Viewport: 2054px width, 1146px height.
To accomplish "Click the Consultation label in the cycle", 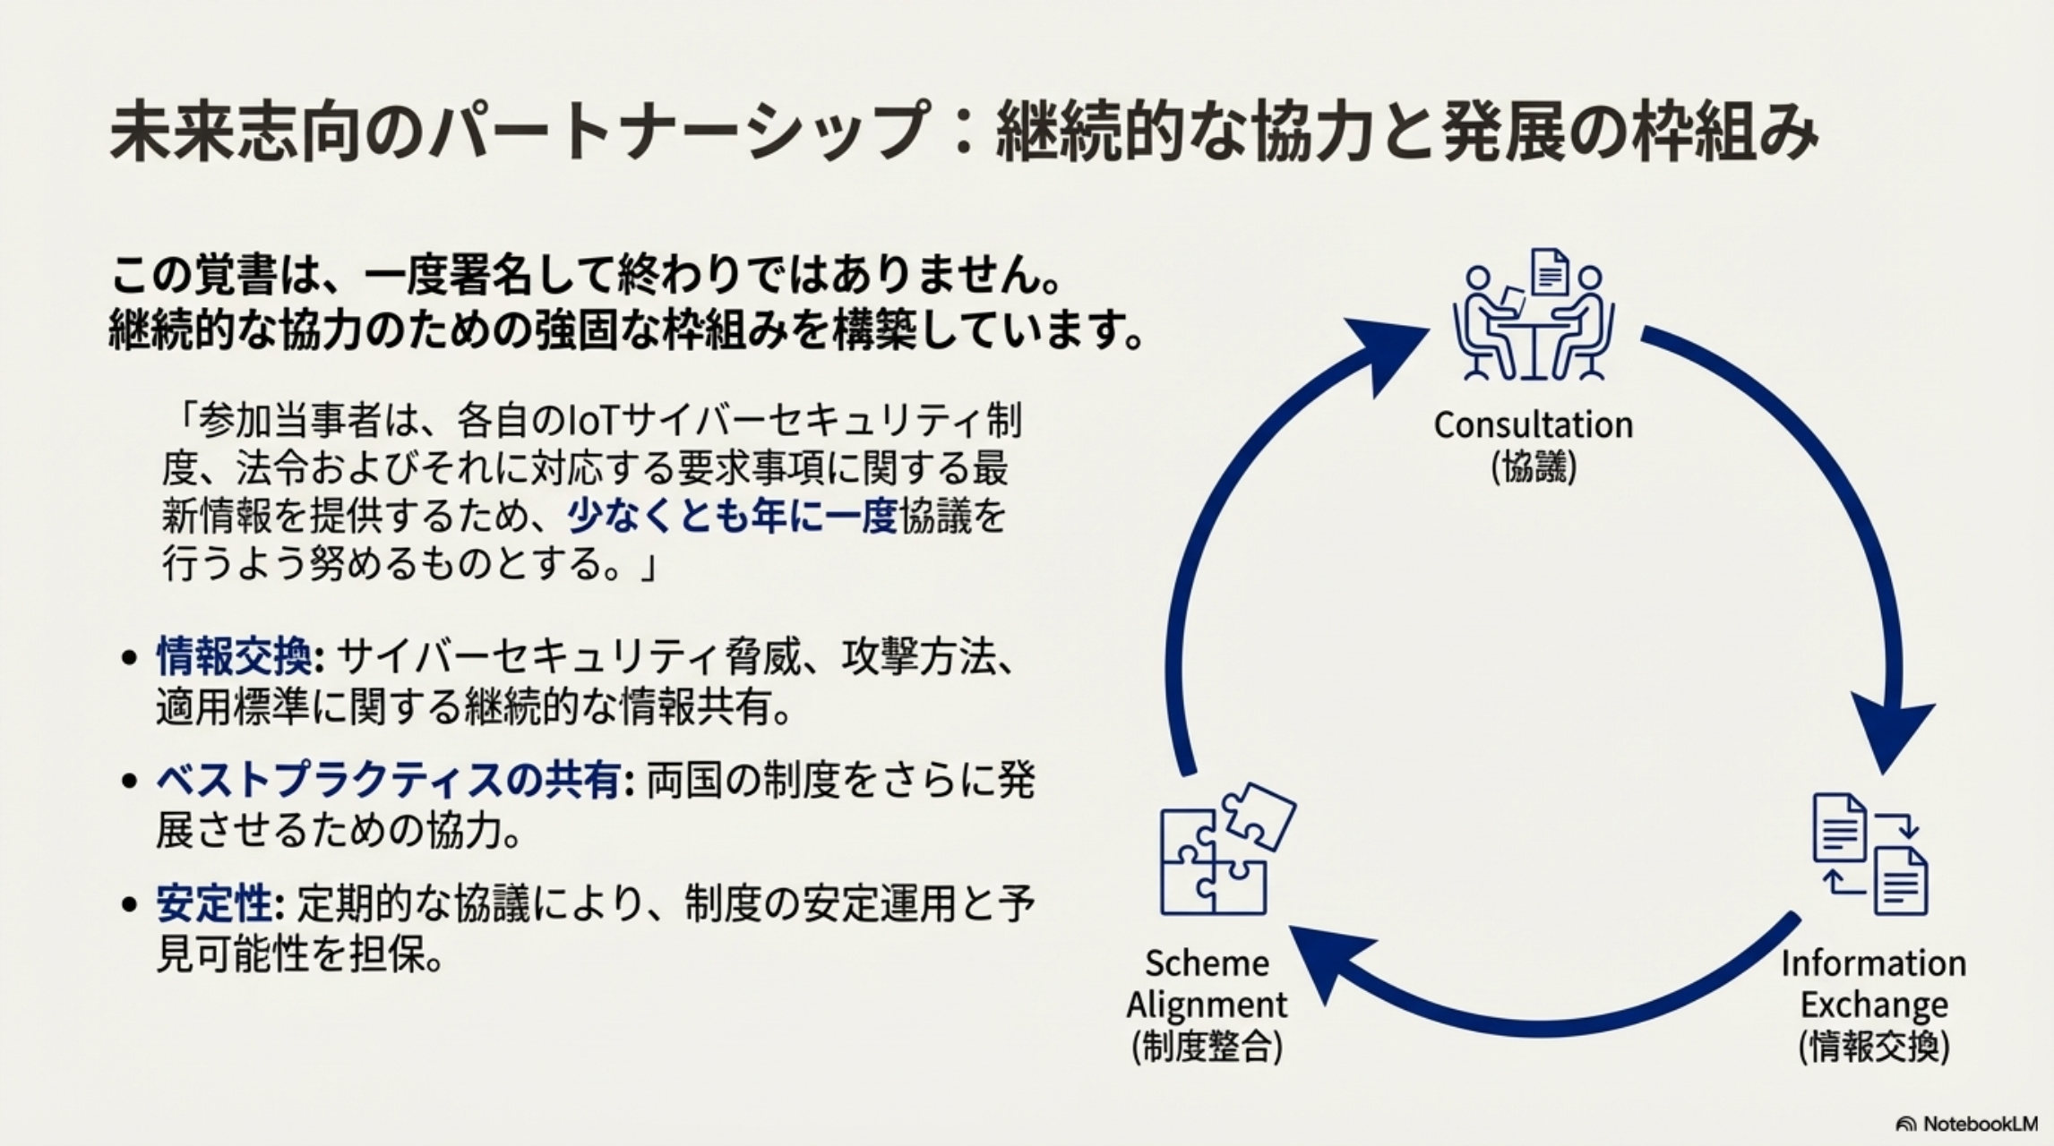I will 1533,425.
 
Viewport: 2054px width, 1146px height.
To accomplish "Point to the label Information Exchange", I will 1873,984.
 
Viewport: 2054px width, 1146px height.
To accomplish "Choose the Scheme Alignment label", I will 1206,984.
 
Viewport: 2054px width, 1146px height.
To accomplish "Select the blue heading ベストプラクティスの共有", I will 388,782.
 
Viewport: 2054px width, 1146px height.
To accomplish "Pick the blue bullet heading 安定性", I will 214,905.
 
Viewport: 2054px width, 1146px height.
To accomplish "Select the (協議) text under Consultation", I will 1533,468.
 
